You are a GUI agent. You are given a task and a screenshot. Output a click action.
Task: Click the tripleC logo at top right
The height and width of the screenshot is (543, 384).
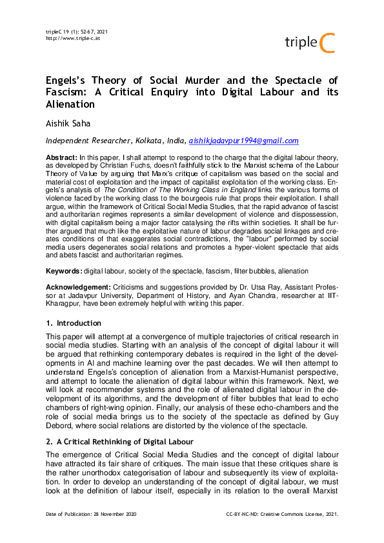click(311, 43)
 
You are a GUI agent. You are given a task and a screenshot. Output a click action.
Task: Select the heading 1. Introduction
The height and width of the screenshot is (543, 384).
click(73, 322)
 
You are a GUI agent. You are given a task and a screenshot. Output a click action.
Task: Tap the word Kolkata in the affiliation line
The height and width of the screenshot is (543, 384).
click(152, 141)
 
